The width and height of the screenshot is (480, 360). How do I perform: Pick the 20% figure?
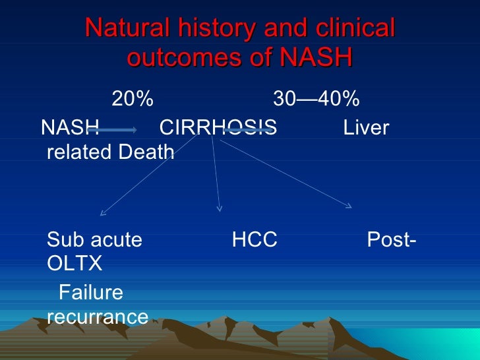(x=133, y=100)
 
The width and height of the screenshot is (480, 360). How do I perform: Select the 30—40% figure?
(x=316, y=100)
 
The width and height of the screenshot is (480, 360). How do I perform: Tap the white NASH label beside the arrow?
(x=69, y=127)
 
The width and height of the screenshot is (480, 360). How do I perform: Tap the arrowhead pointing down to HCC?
(x=220, y=209)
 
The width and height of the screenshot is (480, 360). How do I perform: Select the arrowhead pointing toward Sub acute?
(x=102, y=213)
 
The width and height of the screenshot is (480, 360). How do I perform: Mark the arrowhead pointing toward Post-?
(x=349, y=206)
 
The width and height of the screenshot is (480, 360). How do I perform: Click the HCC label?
(x=254, y=240)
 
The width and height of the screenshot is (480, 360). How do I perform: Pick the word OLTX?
(x=75, y=264)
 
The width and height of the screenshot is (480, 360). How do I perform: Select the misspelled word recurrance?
(x=98, y=316)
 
